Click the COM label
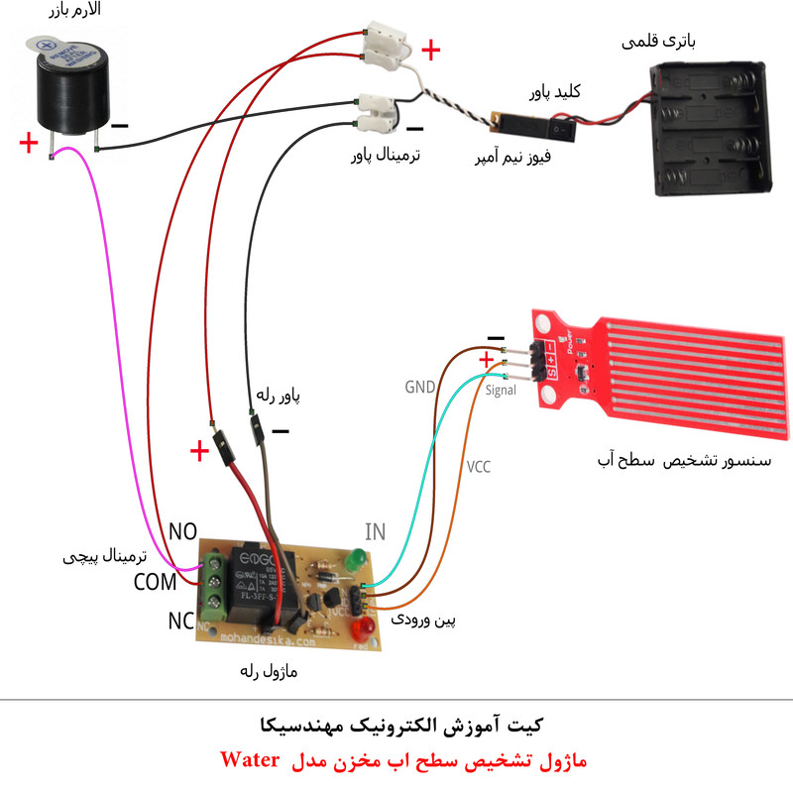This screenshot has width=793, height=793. (155, 581)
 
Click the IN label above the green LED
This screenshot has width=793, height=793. (375, 531)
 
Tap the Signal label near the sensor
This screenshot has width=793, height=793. (502, 391)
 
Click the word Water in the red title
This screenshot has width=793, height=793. (251, 760)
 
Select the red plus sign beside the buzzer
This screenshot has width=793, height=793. (29, 145)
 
